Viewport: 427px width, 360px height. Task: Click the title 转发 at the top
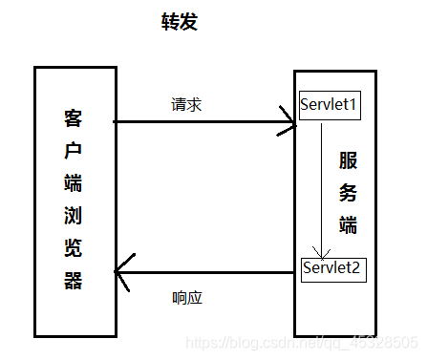click(x=179, y=22)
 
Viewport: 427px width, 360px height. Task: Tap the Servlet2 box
click(x=331, y=267)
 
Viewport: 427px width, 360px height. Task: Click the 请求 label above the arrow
click(x=186, y=104)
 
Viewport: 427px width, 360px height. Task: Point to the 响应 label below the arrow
click(x=187, y=298)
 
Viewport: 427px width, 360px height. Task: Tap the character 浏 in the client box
click(x=74, y=217)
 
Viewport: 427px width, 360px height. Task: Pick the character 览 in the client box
click(x=74, y=249)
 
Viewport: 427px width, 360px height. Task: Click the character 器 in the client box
click(x=74, y=282)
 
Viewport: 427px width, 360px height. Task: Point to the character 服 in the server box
click(x=349, y=159)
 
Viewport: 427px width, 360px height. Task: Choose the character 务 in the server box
click(x=349, y=192)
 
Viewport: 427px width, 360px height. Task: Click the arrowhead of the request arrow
click(x=290, y=121)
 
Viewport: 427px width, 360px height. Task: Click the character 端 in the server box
click(x=349, y=224)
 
